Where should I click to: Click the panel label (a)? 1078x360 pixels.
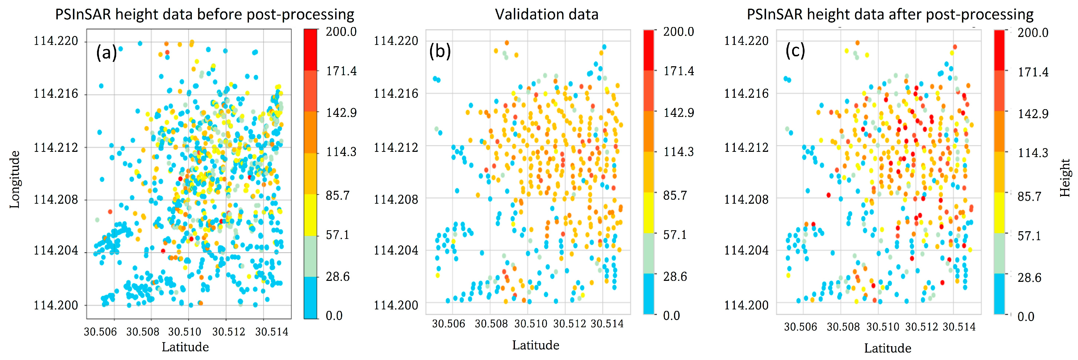tap(106, 53)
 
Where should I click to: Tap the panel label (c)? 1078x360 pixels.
tap(795, 51)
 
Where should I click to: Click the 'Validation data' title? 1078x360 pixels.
tap(546, 15)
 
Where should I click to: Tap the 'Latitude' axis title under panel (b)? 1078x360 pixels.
tap(536, 345)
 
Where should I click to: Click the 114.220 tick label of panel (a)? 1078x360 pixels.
tap(56, 41)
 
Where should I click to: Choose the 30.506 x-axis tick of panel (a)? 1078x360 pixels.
tap(101, 332)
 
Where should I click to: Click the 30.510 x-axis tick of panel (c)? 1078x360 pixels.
tap(882, 327)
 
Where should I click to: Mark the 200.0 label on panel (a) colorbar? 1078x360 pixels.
tap(341, 32)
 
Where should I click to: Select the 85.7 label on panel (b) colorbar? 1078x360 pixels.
tap(675, 196)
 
